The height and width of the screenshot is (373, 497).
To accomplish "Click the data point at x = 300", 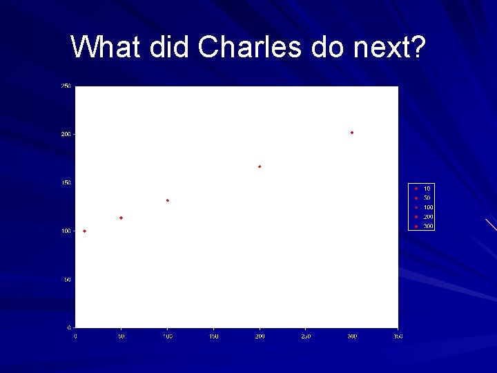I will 352,132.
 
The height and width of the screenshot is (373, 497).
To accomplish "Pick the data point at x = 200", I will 260,166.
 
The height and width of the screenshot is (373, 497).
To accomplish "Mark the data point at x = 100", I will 167,200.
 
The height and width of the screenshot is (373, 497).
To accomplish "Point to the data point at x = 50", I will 121,218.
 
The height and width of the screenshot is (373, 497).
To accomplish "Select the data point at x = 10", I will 84,231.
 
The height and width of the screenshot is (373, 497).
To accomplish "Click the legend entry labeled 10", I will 422,189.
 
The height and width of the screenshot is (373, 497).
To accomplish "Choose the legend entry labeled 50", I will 422,198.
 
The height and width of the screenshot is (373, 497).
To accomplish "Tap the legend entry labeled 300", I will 423,226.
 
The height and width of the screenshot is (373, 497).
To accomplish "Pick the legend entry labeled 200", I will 423,217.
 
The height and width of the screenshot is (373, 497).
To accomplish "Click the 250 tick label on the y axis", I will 66,86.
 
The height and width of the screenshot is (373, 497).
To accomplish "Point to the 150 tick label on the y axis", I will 66,183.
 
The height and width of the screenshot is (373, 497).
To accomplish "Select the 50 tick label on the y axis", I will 67,280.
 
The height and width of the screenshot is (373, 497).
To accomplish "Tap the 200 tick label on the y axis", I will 66,134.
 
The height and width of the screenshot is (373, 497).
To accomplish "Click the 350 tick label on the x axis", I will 398,336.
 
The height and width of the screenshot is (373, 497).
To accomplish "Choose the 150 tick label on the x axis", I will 213,336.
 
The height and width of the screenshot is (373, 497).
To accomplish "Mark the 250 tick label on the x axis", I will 306,336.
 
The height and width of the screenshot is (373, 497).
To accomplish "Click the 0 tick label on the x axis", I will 75,336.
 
